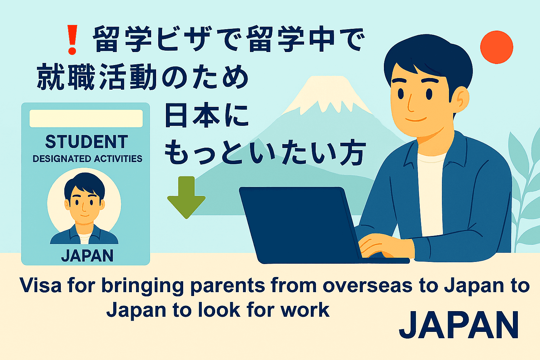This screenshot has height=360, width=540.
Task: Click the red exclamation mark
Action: coord(72,39)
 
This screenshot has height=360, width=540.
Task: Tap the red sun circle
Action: coord(496,47)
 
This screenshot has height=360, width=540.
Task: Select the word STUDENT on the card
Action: coord(86,142)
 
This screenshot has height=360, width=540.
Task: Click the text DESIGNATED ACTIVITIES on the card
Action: coord(87,159)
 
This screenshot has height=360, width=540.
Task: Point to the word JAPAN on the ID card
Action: coord(87,256)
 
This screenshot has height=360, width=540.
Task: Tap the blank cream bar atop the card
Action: coord(86,118)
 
